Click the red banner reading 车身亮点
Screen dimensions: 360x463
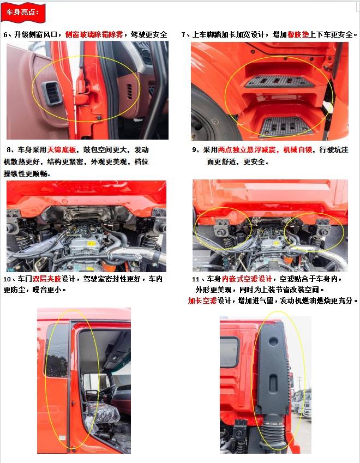click(23, 12)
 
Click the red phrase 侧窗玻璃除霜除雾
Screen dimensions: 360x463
click(94, 34)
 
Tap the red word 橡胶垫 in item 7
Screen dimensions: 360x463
click(298, 34)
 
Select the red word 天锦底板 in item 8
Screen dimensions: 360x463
click(62, 150)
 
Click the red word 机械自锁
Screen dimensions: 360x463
click(298, 150)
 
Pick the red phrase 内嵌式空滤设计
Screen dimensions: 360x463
click(247, 279)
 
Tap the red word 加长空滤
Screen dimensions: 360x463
click(202, 300)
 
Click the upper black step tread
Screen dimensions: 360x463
click(279, 81)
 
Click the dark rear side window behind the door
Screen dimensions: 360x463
click(56, 351)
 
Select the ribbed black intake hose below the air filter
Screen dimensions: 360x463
click(273, 431)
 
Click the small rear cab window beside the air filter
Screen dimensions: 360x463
click(229, 352)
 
